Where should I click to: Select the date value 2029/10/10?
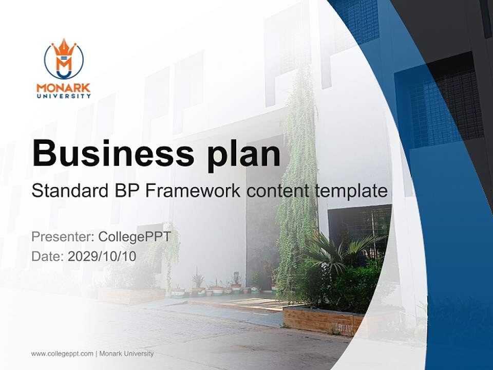click(x=102, y=256)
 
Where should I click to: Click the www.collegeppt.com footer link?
click(x=62, y=354)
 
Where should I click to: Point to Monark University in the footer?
click(x=126, y=354)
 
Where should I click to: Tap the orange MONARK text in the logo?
click(x=64, y=87)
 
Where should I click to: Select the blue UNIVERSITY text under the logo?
click(x=64, y=96)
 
